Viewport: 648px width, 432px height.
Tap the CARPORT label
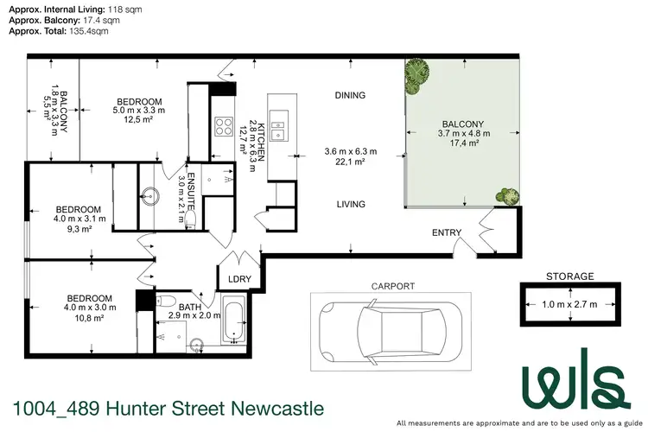click(x=392, y=286)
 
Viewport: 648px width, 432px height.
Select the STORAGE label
click(x=569, y=276)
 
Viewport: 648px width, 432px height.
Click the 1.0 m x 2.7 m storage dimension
click(x=569, y=303)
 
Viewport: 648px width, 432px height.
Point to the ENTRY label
click(x=448, y=232)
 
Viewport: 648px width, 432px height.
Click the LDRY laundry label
click(x=238, y=278)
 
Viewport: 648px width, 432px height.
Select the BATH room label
click(x=189, y=308)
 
